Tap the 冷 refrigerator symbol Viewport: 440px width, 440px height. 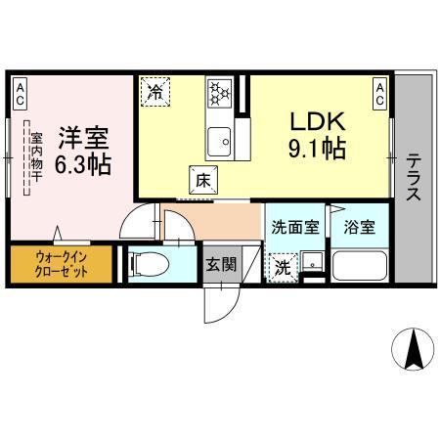155,93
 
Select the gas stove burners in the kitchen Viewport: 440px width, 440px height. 218,95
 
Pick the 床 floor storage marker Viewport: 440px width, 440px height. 199,180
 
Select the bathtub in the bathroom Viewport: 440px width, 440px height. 359,265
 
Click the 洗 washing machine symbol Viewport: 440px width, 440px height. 282,266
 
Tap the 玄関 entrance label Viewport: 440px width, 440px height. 220,264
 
